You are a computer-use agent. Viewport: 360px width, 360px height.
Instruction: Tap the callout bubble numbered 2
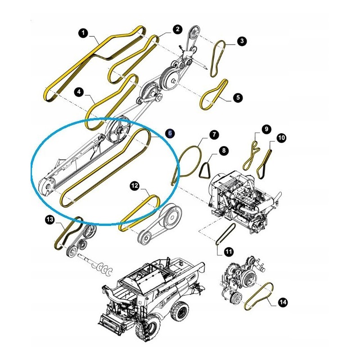[x=177, y=29]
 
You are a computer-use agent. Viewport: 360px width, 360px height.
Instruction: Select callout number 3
[x=242, y=41]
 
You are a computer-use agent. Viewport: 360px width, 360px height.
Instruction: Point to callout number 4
[x=79, y=92]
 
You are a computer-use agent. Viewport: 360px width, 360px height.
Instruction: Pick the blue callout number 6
[x=170, y=133]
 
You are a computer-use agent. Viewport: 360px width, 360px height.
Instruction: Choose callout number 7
[x=213, y=135]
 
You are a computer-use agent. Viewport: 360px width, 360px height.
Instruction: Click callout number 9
[x=266, y=130]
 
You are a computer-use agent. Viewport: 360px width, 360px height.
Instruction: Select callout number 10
[x=281, y=138]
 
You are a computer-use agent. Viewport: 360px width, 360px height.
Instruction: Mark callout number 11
[x=229, y=252]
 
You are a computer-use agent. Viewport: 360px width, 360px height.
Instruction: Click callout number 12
[x=135, y=185]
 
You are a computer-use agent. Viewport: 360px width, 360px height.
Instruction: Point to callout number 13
[x=49, y=220]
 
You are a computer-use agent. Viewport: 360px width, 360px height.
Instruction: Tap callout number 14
[x=282, y=302]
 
